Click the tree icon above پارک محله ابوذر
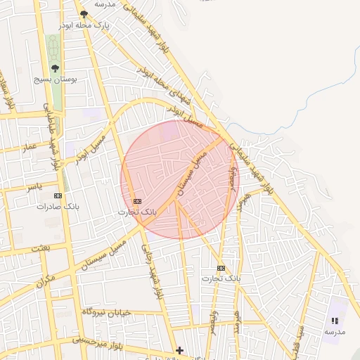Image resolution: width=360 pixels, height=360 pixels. (x=84, y=14)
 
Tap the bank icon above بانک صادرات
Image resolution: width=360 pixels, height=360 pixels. (x=58, y=196)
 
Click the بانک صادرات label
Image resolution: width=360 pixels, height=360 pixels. (x=58, y=207)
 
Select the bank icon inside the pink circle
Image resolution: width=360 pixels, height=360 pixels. (x=136, y=201)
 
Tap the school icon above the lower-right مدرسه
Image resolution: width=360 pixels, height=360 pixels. (x=335, y=321)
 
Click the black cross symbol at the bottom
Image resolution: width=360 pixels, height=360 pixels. (x=180, y=350)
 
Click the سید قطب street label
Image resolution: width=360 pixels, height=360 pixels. (x=295, y=345)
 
